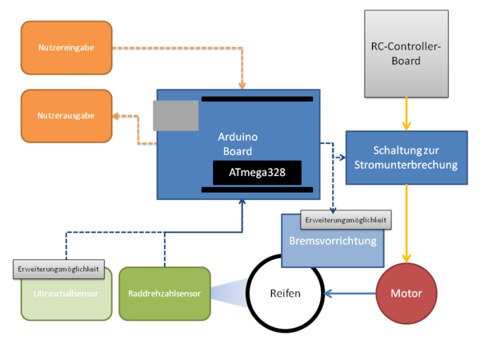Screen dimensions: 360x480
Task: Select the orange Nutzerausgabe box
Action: click(66, 116)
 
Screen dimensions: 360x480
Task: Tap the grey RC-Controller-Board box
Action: click(407, 54)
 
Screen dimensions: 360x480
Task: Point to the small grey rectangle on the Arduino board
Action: click(176, 116)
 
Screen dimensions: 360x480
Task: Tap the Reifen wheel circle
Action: click(285, 294)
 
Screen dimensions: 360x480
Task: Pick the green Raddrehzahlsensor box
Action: click(164, 294)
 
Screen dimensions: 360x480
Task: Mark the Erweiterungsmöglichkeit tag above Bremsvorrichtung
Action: click(346, 218)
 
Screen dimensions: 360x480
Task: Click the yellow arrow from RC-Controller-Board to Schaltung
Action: click(407, 114)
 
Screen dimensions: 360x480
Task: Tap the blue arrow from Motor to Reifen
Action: click(350, 294)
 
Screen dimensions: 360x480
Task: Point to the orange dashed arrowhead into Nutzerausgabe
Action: click(117, 117)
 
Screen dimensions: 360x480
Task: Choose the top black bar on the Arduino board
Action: click(257, 99)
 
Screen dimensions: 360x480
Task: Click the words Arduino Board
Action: click(236, 145)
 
